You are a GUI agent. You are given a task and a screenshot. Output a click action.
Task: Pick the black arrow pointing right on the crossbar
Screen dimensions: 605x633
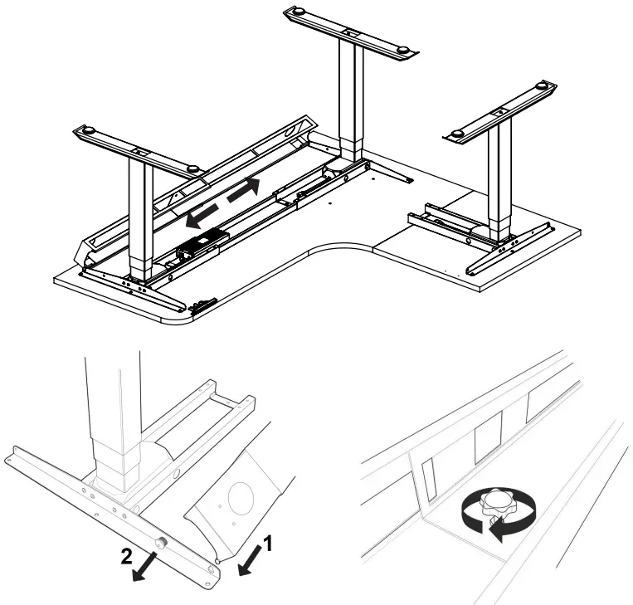[243, 189]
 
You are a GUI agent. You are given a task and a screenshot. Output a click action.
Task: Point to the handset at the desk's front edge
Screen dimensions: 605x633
[202, 305]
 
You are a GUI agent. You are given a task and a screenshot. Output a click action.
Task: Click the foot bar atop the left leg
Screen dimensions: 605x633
[137, 150]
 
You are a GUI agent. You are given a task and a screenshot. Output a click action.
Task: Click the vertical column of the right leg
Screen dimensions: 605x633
[499, 178]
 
